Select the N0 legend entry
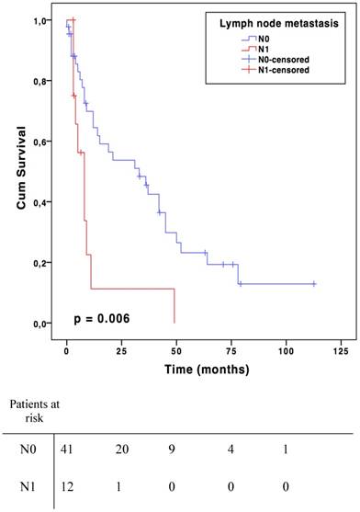pos(276,40)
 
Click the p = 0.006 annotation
pos(101,319)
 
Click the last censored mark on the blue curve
pos(313,284)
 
